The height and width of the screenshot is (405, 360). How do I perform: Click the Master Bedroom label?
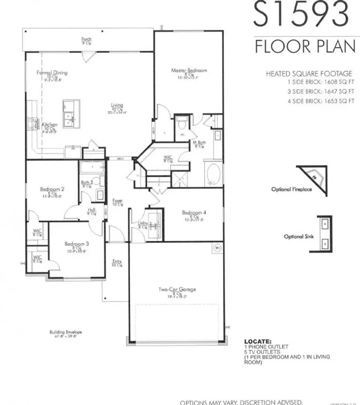point(189,70)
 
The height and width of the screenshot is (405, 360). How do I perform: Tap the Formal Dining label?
point(52,73)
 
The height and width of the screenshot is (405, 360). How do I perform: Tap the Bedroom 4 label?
point(194,213)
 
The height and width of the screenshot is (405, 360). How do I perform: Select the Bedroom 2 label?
point(52,189)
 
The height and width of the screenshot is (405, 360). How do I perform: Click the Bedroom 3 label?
point(77,244)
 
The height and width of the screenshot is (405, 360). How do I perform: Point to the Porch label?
point(87,39)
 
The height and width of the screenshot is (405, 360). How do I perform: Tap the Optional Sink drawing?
point(325,233)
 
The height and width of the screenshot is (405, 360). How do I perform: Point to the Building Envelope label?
point(66,332)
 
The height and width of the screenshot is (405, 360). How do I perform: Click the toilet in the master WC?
point(182,124)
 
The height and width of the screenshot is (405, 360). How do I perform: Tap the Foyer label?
point(118,201)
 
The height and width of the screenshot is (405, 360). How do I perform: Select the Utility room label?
point(142,223)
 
